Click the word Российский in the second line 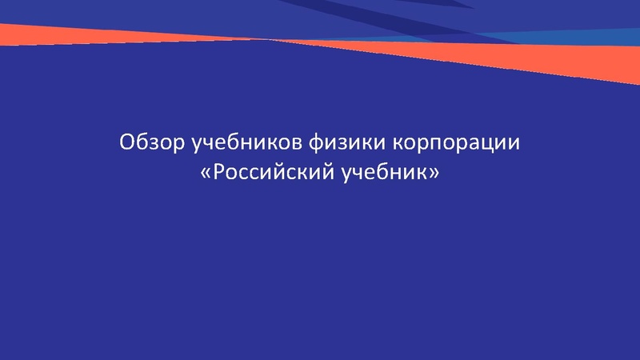271,172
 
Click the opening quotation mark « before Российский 205,173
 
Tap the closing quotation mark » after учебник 434,173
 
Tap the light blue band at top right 576,37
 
